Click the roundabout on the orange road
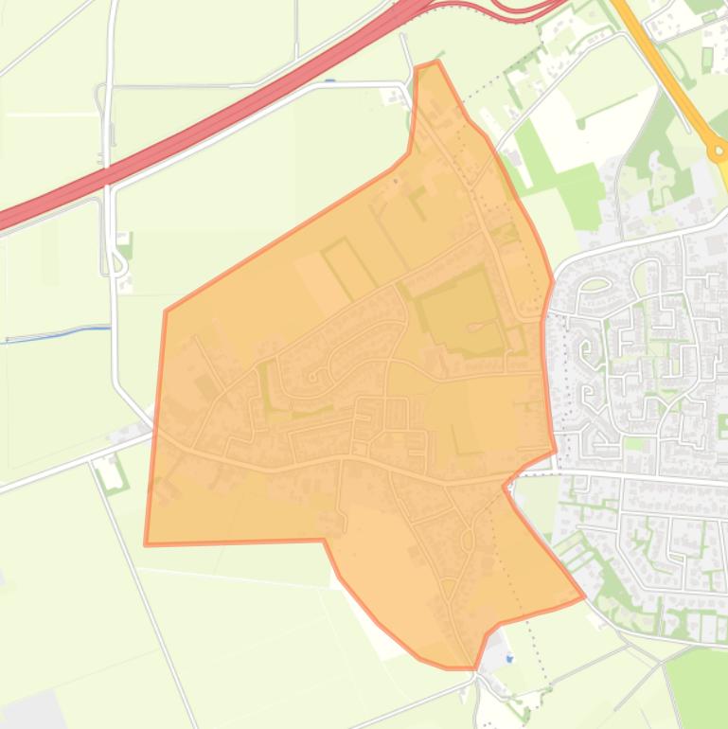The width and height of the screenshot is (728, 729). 719,150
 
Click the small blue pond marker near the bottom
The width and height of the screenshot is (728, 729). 509,659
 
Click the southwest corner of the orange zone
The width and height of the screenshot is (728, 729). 146,544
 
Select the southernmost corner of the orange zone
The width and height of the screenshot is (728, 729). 473,667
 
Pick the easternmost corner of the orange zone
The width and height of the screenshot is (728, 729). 583,597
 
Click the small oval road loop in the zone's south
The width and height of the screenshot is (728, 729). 466,539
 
